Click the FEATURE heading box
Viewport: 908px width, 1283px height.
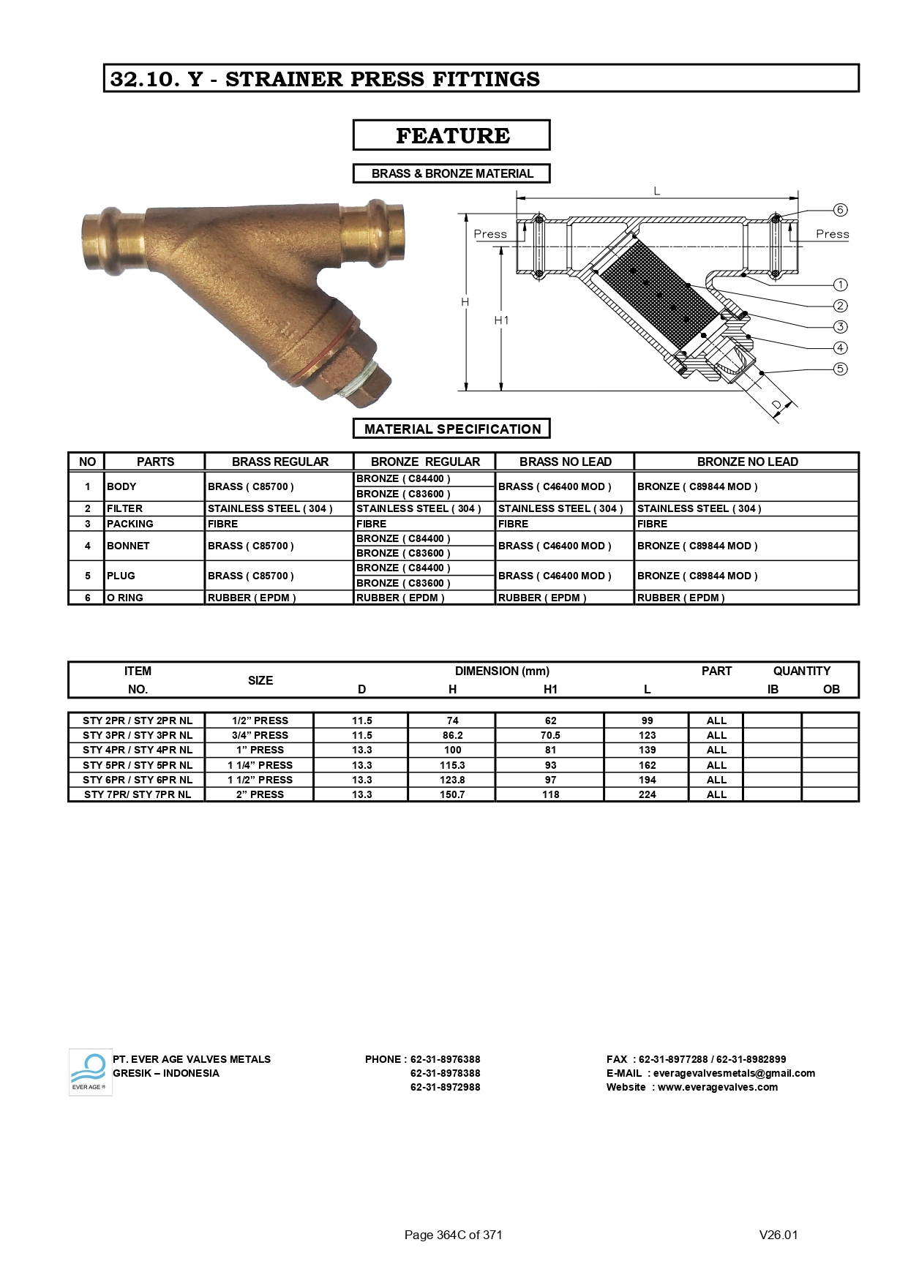pyautogui.click(x=451, y=135)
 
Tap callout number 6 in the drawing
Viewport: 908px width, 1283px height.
pyautogui.click(x=840, y=210)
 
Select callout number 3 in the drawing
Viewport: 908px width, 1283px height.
pyautogui.click(x=840, y=326)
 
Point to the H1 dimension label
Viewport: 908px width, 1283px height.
pyautogui.click(x=501, y=320)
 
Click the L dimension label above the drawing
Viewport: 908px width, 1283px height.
pyautogui.click(x=656, y=191)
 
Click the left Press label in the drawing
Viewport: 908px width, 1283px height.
pyautogui.click(x=489, y=234)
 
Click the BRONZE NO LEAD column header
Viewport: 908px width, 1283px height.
pyautogui.click(x=746, y=462)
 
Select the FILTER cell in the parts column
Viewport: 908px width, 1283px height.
pyautogui.click(x=125, y=508)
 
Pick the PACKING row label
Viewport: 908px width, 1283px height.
pyautogui.click(x=130, y=524)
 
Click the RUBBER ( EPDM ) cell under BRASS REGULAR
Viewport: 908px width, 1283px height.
pyautogui.click(x=252, y=598)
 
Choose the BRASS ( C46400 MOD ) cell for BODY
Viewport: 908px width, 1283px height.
pyautogui.click(x=554, y=486)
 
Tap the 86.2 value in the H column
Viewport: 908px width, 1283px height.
pyautogui.click(x=452, y=735)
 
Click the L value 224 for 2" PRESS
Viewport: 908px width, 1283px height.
pyautogui.click(x=647, y=794)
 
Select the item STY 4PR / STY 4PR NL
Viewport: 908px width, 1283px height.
pyautogui.click(x=138, y=750)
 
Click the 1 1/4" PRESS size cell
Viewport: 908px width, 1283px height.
pyautogui.click(x=260, y=765)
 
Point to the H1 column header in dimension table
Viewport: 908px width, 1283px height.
pyautogui.click(x=550, y=689)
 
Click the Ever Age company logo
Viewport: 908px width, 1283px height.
pyautogui.click(x=89, y=1072)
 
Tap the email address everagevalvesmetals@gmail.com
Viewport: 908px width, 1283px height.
pyautogui.click(x=733, y=1073)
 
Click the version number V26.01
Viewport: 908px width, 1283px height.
pyautogui.click(x=778, y=1235)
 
